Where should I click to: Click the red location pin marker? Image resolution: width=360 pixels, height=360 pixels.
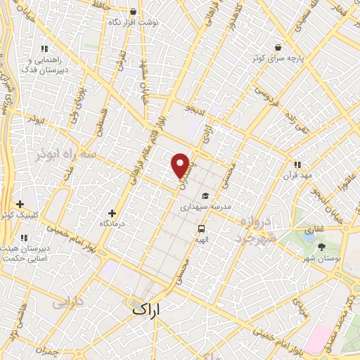click(181, 165)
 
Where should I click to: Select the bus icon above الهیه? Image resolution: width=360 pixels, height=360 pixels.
click(202, 229)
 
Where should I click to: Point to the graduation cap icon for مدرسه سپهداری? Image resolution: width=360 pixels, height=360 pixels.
click(205, 196)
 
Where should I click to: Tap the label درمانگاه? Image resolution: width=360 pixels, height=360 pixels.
click(112, 223)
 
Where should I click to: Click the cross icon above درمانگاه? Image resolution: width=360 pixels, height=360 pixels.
click(112, 212)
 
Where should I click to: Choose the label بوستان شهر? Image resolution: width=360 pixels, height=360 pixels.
click(322, 258)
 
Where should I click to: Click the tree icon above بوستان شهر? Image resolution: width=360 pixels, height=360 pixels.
click(322, 247)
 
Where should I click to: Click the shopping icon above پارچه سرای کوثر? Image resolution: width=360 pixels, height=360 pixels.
click(279, 47)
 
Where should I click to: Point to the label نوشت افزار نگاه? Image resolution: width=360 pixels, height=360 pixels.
click(133, 22)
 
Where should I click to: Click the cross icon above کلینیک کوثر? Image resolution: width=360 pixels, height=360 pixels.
click(20, 204)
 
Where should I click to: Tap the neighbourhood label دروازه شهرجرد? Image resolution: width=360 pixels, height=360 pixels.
click(251, 231)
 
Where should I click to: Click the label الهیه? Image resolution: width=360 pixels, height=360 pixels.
click(202, 239)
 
